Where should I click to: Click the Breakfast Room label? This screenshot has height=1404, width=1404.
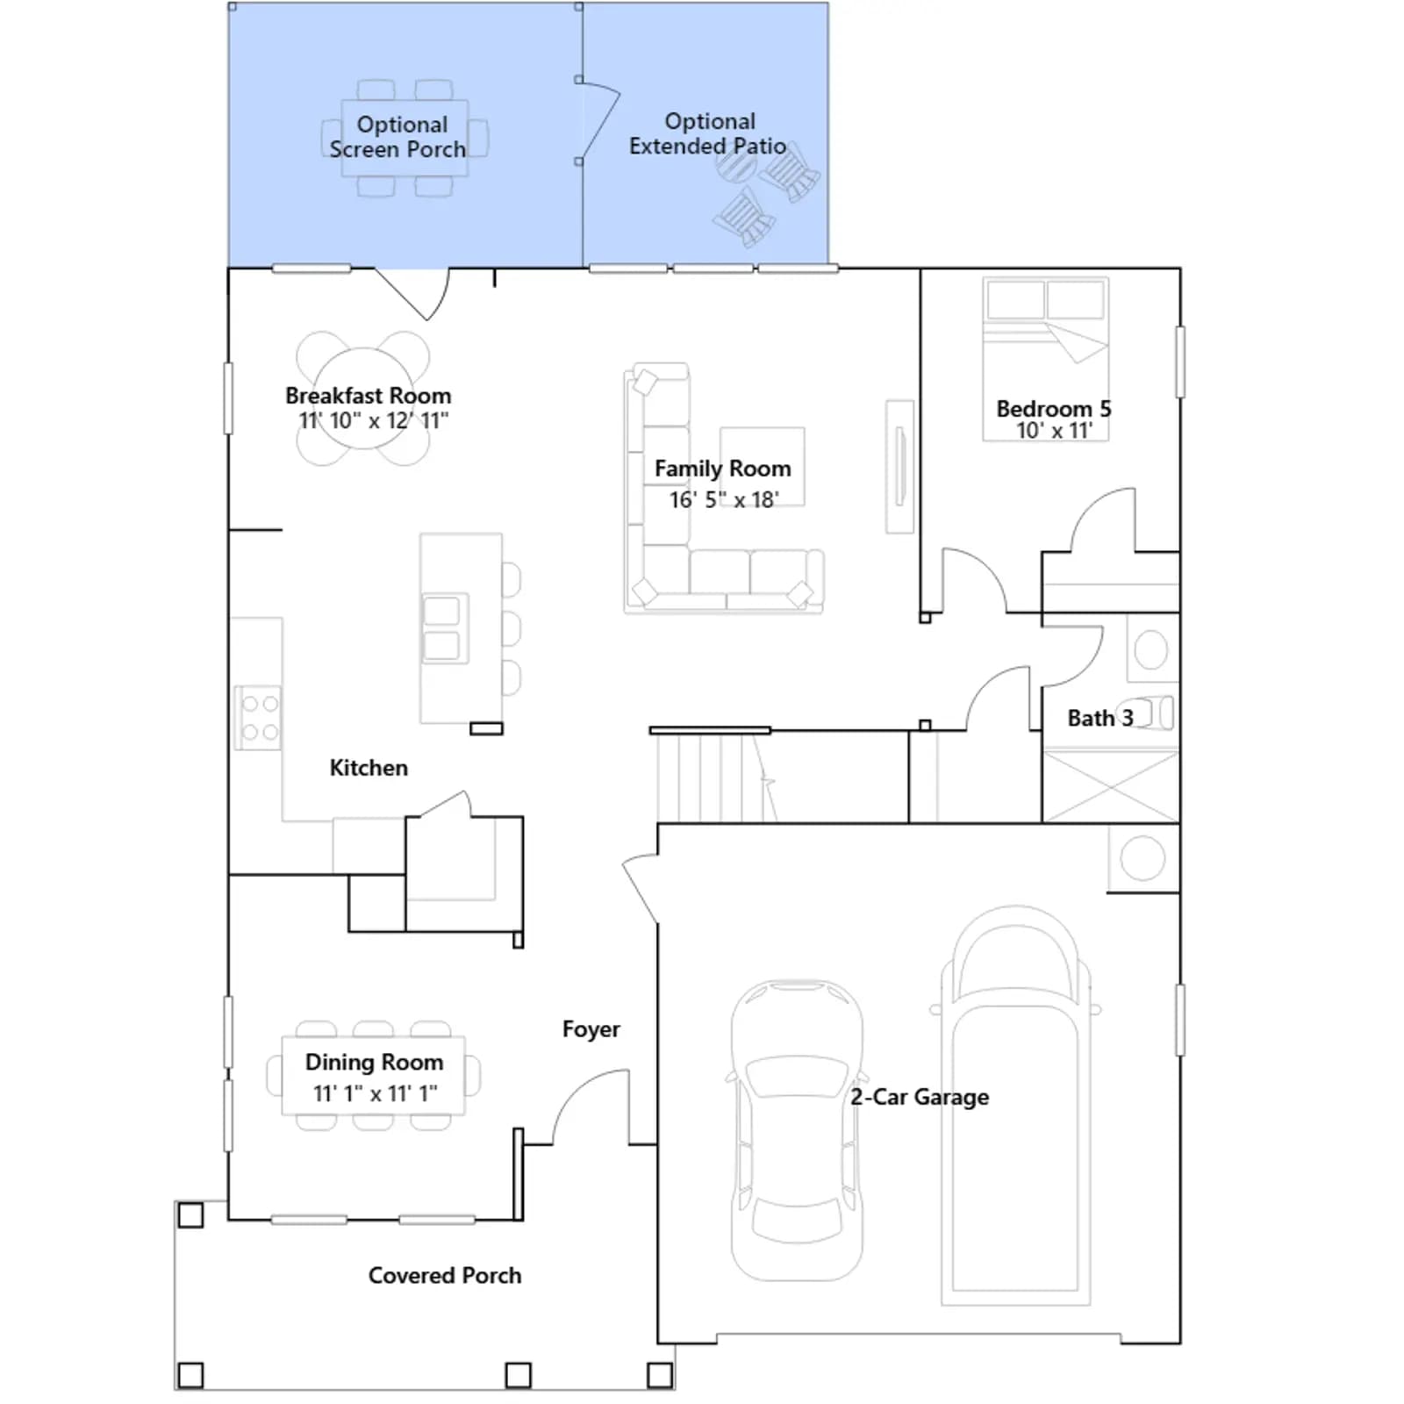click(x=369, y=396)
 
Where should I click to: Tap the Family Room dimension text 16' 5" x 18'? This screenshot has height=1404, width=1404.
click(x=724, y=499)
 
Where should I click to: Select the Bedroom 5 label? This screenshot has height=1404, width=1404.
click(x=1054, y=409)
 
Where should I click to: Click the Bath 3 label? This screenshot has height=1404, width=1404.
click(x=1100, y=718)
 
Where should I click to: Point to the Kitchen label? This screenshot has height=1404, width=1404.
click(x=369, y=768)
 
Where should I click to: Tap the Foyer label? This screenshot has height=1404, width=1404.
click(x=591, y=1029)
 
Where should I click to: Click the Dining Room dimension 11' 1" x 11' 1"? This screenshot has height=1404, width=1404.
click(x=375, y=1093)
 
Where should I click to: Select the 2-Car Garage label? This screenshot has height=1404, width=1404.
click(x=920, y=1097)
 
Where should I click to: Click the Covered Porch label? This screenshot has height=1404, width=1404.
click(x=445, y=1275)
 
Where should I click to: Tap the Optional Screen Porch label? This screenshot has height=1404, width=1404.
click(x=398, y=137)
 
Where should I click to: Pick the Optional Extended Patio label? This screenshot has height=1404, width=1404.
click(x=708, y=133)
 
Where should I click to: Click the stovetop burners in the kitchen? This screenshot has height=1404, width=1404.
click(x=260, y=718)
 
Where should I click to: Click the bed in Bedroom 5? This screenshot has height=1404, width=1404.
click(x=1046, y=359)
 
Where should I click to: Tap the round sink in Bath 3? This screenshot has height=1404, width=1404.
click(x=1150, y=650)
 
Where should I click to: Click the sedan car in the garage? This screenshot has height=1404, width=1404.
click(x=797, y=1130)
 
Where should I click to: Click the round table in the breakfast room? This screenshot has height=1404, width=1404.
click(x=363, y=398)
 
